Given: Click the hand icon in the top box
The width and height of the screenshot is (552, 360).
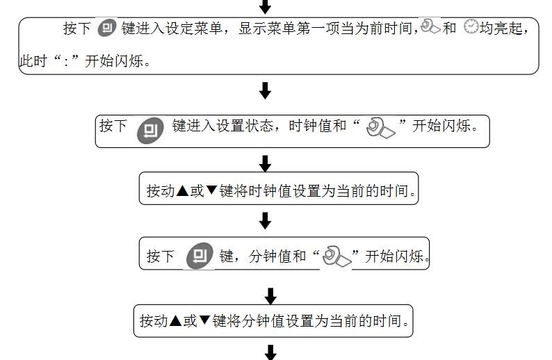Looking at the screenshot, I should pos(430,28).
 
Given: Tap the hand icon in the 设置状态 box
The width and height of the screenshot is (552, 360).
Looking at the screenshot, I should pos(380,128).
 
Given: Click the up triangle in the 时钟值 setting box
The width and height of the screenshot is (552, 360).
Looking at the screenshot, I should pos(182,190).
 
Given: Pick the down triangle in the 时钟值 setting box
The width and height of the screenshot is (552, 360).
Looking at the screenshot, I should pos(212,190).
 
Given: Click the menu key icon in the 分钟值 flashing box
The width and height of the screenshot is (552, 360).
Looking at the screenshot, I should pos(200,255).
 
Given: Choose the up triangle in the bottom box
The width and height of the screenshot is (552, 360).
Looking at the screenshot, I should pos(175,320).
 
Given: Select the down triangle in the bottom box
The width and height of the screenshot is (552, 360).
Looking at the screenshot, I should pos(205,320).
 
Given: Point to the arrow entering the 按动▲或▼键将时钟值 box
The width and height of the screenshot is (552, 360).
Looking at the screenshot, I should pos(264,164).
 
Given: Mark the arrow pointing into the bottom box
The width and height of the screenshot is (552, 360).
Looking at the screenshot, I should pos(270,295).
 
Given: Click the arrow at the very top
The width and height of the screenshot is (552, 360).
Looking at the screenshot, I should pos(264,7).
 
